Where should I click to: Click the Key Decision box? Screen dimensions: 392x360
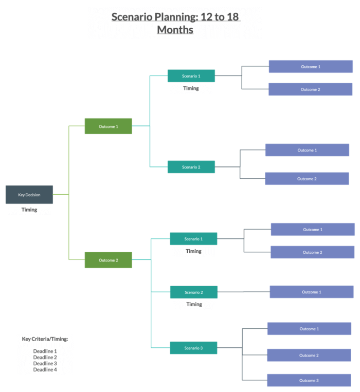point(29,195)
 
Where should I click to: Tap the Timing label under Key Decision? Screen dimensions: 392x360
point(29,210)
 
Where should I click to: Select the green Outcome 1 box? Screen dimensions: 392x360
point(109,126)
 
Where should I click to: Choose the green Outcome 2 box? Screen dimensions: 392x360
point(109,260)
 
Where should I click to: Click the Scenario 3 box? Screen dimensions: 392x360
point(193,348)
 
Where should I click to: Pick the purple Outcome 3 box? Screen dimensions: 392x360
point(309,380)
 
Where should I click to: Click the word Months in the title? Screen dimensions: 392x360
point(175,30)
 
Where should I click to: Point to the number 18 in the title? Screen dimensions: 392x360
point(233,16)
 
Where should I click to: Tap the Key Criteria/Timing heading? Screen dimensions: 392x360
point(45,339)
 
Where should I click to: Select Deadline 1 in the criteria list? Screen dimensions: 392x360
point(45,351)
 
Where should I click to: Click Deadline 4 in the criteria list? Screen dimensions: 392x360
point(45,369)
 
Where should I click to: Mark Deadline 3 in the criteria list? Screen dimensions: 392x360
point(45,363)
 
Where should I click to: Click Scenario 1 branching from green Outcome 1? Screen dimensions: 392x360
point(191,76)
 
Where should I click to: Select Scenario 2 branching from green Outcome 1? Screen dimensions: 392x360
point(191,167)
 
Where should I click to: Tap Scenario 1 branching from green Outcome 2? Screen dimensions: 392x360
point(193,239)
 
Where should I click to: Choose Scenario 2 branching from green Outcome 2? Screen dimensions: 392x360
point(193,292)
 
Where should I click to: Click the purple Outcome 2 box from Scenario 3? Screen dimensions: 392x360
point(309,355)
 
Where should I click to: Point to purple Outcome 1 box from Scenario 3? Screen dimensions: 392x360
point(309,329)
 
